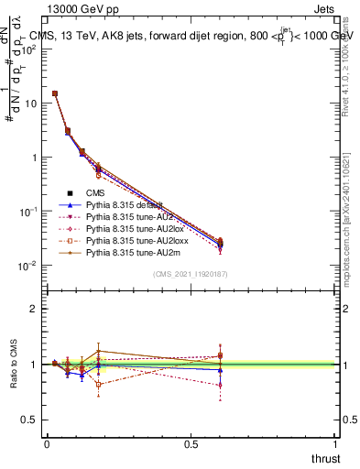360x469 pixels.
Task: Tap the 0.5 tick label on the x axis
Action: click(191, 443)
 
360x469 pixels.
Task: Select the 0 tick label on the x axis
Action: click(47, 443)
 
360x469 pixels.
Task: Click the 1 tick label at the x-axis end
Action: click(335, 443)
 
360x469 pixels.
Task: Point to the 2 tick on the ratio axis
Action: click(33, 309)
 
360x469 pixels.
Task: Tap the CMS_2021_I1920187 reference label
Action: click(191, 275)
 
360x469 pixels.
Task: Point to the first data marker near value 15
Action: click(55, 93)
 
